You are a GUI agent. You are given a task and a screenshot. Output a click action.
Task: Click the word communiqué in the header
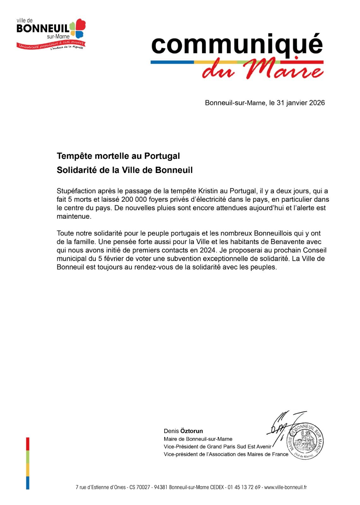click(x=237, y=45)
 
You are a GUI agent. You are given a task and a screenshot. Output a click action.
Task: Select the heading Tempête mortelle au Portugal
click(x=118, y=156)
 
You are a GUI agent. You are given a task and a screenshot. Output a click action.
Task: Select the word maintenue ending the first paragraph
click(x=74, y=217)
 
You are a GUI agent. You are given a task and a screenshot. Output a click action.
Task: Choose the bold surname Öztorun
click(x=192, y=431)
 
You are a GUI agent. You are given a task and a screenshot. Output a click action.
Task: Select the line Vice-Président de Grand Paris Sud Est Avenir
click(x=218, y=447)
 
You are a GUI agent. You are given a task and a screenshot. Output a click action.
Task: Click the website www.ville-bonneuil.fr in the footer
click(x=285, y=487)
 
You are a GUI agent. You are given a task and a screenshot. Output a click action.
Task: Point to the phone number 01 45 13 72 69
click(x=244, y=487)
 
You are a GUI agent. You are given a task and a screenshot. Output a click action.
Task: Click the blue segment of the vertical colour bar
click(x=28, y=483)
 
